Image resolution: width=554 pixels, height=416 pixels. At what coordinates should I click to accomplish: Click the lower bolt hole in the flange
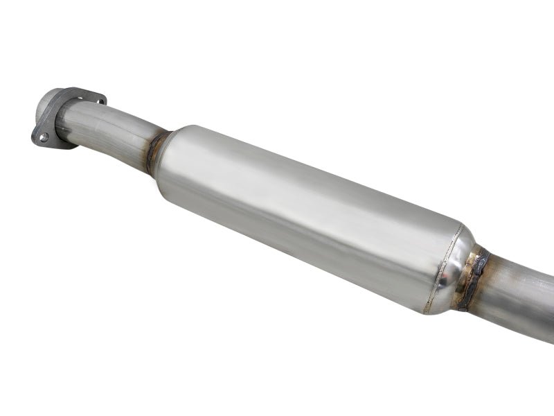(x=44, y=137)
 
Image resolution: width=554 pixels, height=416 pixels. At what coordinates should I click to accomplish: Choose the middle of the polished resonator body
(x=305, y=215)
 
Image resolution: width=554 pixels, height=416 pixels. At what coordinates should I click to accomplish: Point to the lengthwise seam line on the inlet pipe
(x=104, y=125)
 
